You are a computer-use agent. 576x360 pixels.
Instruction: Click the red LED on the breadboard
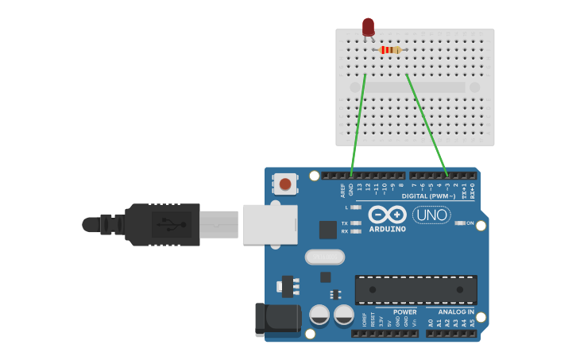(368, 27)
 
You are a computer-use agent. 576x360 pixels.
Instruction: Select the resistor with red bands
(389, 50)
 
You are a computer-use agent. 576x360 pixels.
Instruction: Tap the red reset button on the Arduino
(285, 185)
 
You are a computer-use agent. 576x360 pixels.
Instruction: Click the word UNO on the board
(431, 215)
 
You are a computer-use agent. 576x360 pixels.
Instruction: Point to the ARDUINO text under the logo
(388, 229)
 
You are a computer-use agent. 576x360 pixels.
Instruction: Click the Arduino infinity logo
(388, 215)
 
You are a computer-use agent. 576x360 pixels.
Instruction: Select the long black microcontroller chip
(416, 289)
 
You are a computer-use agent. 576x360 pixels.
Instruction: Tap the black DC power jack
(277, 319)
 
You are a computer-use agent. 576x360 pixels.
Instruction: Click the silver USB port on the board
(269, 224)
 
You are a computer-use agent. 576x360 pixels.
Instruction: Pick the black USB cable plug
(159, 224)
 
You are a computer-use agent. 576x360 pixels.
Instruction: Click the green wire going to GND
(358, 123)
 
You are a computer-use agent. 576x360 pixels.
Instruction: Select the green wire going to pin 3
(427, 123)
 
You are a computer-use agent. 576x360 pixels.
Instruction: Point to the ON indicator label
(470, 223)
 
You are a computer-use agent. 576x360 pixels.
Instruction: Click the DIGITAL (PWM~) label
(429, 195)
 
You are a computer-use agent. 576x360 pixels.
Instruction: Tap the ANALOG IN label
(456, 312)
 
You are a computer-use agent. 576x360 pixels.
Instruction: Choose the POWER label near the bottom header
(404, 312)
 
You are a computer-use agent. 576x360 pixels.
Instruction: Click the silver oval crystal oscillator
(325, 257)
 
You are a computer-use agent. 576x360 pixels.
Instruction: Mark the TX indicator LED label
(345, 223)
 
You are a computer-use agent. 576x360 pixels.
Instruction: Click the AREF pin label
(343, 190)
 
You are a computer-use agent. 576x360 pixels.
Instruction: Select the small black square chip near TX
(327, 230)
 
